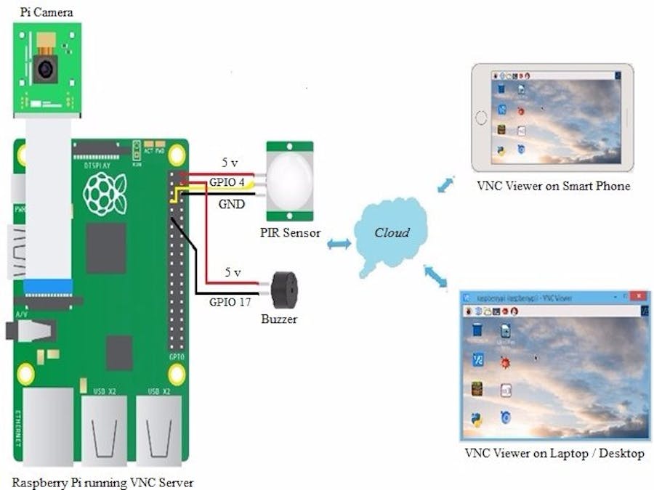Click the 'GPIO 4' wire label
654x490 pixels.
[227, 182]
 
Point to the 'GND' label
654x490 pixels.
[232, 205]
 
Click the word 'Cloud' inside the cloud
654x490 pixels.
[392, 233]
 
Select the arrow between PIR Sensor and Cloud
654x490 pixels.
[339, 245]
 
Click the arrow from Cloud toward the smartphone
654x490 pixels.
[445, 184]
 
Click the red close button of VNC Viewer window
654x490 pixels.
[639, 297]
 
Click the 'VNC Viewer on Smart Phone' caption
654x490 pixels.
[553, 187]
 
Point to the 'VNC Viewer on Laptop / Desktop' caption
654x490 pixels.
[554, 454]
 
